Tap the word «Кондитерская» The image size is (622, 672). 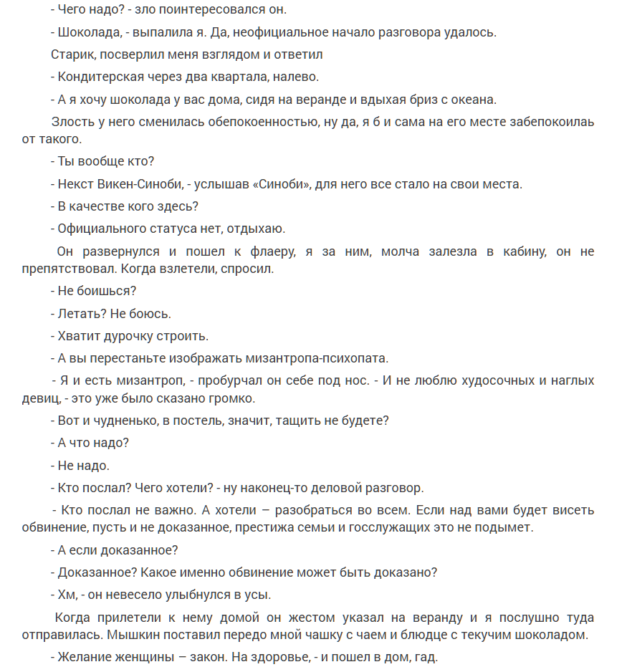click(99, 77)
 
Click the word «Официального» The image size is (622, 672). click(97, 229)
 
